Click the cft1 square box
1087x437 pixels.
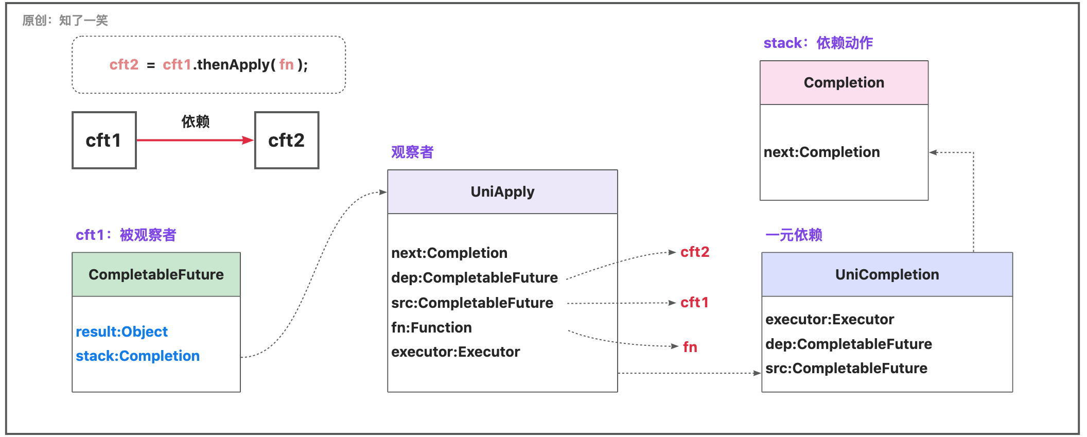tap(104, 140)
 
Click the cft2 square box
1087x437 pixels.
tap(287, 140)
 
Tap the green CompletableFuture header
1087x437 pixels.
tap(156, 274)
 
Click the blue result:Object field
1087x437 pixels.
tap(121, 331)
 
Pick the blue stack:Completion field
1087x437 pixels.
tap(137, 356)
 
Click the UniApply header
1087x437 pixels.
tap(502, 191)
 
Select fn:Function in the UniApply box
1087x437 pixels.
tap(431, 327)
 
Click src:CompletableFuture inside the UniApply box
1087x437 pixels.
tap(472, 303)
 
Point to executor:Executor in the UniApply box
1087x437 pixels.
tap(455, 352)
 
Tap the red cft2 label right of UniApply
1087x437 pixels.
tap(694, 252)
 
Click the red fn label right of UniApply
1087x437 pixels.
tap(690, 347)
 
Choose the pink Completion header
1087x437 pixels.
tap(844, 82)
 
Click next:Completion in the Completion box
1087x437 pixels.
tap(821, 152)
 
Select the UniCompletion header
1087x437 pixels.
tap(887, 274)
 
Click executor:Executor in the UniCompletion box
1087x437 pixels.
tap(829, 319)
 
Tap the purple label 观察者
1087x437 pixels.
tap(412, 152)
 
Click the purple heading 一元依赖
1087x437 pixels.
tap(793, 235)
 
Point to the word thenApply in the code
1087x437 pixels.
tap(233, 64)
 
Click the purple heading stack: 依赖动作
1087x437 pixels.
tap(818, 43)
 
